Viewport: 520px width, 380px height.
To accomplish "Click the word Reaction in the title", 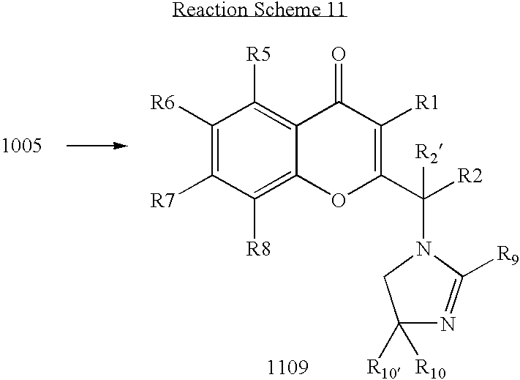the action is click(x=210, y=10).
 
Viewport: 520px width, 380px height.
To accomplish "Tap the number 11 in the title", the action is click(x=335, y=10).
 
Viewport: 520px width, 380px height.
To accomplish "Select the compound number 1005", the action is click(x=22, y=146).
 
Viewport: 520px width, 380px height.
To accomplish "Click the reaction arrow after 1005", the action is click(x=97, y=146).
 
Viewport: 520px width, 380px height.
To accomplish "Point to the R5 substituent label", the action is click(x=258, y=54).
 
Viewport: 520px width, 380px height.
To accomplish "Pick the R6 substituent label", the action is click(x=162, y=103).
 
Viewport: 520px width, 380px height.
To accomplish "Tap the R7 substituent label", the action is click(x=162, y=200).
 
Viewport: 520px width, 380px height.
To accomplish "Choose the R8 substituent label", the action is click(x=258, y=248).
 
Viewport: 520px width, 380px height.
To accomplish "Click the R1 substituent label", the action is click(x=427, y=103).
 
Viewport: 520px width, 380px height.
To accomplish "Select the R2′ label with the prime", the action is click(x=428, y=154).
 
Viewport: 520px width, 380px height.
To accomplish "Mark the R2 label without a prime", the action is click(x=470, y=176).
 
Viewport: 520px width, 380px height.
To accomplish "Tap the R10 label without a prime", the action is click(x=431, y=368).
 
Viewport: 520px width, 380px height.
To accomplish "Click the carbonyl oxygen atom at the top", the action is click(x=339, y=54).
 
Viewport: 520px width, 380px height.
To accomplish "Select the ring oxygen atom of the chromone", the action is click(x=339, y=200).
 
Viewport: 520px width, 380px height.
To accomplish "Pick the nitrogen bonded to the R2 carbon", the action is click(x=424, y=249).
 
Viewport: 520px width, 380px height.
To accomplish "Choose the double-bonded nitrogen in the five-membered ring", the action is click(x=448, y=324).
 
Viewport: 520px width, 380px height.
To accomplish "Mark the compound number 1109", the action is click(x=288, y=368).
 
